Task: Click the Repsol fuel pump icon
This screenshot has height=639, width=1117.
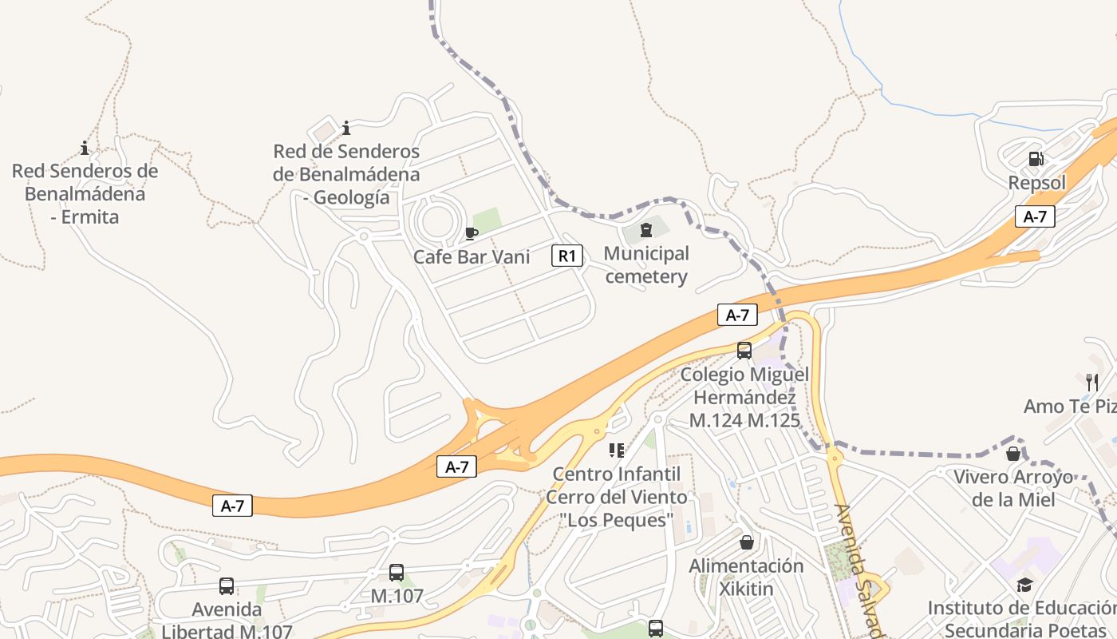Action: pyautogui.click(x=1036, y=159)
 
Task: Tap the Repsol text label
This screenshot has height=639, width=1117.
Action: pyautogui.click(x=1036, y=183)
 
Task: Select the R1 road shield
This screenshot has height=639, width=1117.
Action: pyautogui.click(x=566, y=256)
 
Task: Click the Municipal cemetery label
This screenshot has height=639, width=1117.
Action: pyautogui.click(x=646, y=265)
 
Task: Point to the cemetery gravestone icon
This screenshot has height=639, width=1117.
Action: pyautogui.click(x=646, y=231)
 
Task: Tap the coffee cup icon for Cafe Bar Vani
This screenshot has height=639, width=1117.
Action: pyautogui.click(x=471, y=233)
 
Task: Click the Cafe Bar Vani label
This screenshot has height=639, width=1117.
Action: pyautogui.click(x=472, y=257)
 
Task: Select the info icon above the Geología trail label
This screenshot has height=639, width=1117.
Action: pyautogui.click(x=346, y=128)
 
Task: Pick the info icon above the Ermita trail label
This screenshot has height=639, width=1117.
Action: pyautogui.click(x=85, y=148)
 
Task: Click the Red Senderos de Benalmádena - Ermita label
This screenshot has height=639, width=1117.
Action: pyautogui.click(x=85, y=193)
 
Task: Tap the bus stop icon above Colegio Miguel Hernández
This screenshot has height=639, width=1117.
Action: pyautogui.click(x=744, y=350)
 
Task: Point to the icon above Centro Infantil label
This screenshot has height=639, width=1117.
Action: pyautogui.click(x=616, y=450)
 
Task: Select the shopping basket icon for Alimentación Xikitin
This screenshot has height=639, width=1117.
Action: pyautogui.click(x=747, y=542)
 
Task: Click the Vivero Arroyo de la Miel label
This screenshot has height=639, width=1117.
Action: pyautogui.click(x=1013, y=488)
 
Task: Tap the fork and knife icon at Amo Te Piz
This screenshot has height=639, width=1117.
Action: pyautogui.click(x=1092, y=382)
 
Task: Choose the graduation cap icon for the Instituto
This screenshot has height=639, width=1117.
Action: pyautogui.click(x=1024, y=585)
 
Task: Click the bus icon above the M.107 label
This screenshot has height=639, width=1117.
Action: pyautogui.click(x=397, y=572)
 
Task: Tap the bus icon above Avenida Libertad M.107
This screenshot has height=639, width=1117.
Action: pyautogui.click(x=227, y=586)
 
